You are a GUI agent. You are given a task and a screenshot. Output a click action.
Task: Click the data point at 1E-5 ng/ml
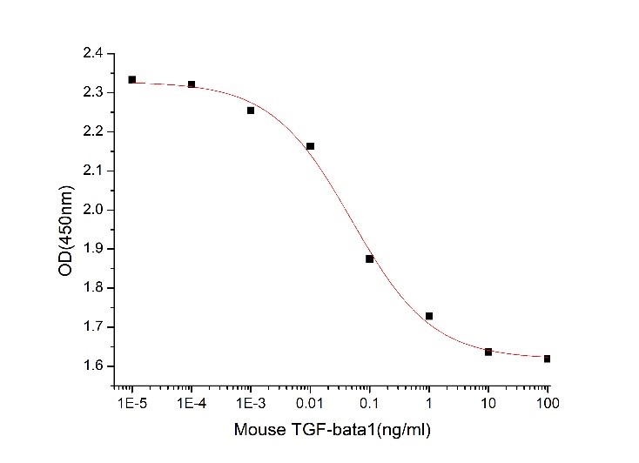pos(132,79)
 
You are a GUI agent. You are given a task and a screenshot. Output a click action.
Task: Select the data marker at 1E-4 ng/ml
pos(192,84)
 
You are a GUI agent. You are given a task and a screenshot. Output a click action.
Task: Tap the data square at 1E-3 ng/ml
pos(251,111)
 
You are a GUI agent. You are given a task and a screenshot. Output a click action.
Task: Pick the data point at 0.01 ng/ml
pos(311,146)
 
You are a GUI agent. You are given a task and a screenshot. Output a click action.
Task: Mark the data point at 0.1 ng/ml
pos(369,258)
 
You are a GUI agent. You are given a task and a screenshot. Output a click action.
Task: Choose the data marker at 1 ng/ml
pos(429,316)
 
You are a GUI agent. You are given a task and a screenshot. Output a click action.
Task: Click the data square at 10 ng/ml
pos(488,352)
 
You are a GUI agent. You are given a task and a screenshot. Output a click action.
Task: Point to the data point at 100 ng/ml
pos(547,359)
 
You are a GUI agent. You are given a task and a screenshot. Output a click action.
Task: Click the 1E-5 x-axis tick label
pos(132,404)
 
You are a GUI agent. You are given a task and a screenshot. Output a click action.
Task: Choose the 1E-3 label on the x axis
pos(251,404)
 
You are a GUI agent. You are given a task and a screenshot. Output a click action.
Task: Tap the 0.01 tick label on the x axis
pos(311,404)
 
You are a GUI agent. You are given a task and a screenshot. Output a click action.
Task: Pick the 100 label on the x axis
pos(547,404)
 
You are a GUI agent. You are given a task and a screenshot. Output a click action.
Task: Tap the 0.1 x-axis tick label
pos(369,404)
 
